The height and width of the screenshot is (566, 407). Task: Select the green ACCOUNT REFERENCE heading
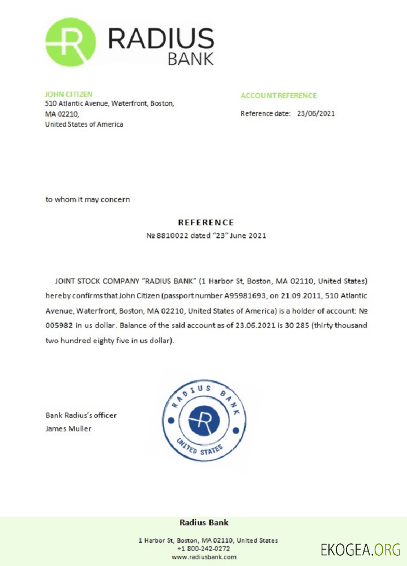[278, 96]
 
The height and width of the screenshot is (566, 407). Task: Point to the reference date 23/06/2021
[316, 113]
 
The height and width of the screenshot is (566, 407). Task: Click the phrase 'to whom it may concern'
[88, 199]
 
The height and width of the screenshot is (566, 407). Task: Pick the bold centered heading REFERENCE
[206, 222]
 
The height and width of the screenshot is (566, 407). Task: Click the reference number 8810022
[170, 235]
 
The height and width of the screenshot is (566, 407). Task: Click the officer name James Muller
[68, 428]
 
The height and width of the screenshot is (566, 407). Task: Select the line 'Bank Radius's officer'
[81, 415]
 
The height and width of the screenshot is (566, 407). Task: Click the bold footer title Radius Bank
[203, 522]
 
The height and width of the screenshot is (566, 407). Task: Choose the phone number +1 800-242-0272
[203, 548]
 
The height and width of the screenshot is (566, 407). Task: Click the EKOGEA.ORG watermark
[360, 549]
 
